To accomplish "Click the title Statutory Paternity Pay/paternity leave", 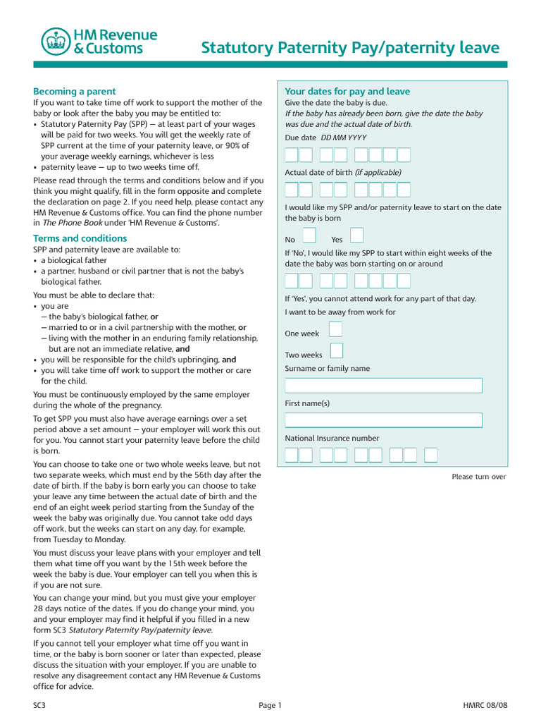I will [x=350, y=48].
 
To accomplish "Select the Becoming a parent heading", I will [x=74, y=92].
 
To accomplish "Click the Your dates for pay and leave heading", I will [x=347, y=92].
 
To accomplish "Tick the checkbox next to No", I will [x=309, y=235].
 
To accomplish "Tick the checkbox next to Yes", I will [x=357, y=235].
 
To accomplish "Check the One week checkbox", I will [x=336, y=329].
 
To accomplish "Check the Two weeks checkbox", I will [x=337, y=351].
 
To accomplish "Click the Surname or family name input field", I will [x=383, y=386].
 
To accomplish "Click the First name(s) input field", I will [x=383, y=420].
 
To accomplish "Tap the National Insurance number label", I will [x=332, y=439].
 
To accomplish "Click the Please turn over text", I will [x=478, y=477].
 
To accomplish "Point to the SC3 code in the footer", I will [x=39, y=705].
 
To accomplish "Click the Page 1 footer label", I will [x=270, y=705].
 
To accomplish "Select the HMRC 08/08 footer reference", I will [x=484, y=705].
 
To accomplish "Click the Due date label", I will [x=300, y=138].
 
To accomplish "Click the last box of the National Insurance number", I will [x=431, y=455].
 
